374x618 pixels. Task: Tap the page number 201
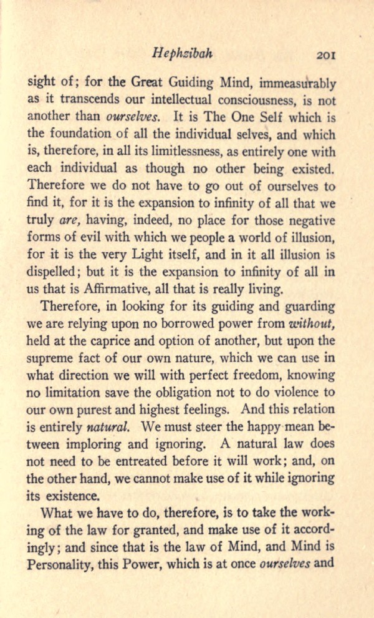(326, 54)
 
